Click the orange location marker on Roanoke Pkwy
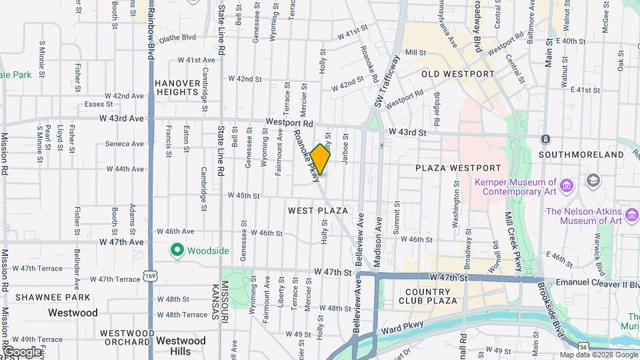(320, 159)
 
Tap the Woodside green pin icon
(177, 251)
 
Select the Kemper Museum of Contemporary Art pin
(567, 183)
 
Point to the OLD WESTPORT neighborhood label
(457, 74)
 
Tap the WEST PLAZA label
(318, 211)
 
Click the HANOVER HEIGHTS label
(177, 87)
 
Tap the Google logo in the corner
(23, 351)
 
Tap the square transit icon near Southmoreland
(545, 139)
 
